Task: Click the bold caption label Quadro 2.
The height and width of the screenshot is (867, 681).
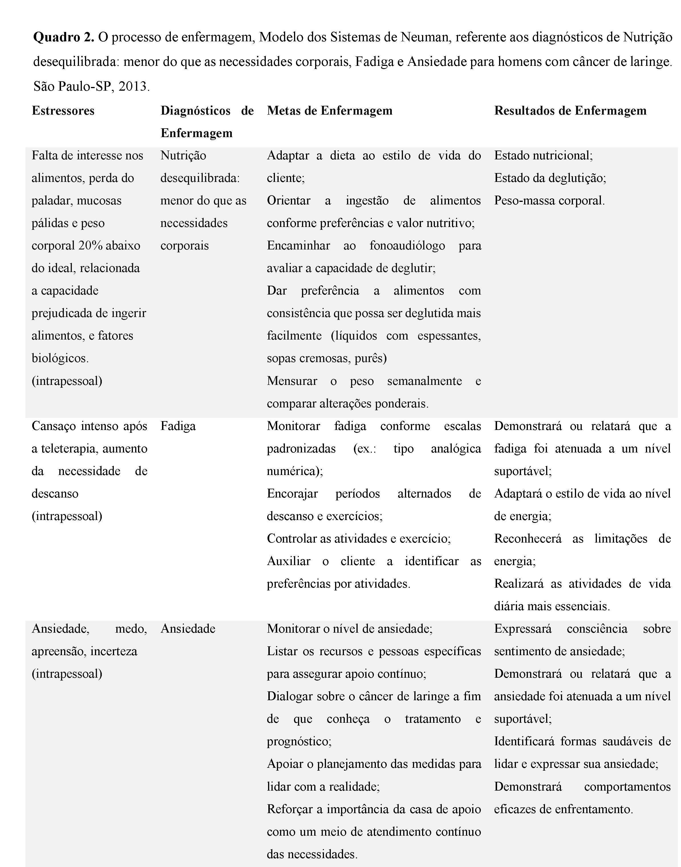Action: tap(64, 37)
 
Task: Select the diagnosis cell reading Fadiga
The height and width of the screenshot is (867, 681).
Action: tap(178, 426)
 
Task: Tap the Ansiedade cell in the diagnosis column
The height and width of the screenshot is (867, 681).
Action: tap(188, 629)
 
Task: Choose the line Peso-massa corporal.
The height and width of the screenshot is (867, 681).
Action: tap(550, 200)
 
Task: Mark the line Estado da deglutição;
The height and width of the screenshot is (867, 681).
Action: tap(550, 178)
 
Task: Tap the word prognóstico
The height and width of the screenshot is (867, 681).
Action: tap(299, 742)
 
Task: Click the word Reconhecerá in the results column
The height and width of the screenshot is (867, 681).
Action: tap(528, 539)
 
